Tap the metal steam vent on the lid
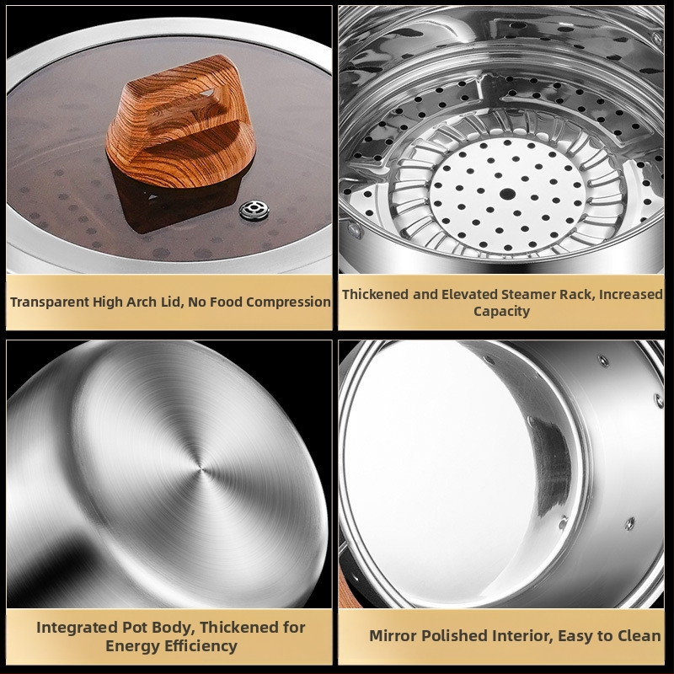tap(254, 210)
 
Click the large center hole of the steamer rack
tap(507, 194)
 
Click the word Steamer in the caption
tap(529, 294)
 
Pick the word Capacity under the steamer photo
tap(501, 311)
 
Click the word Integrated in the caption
tap(77, 628)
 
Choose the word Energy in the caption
tap(127, 646)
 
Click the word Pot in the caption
tap(134, 628)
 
